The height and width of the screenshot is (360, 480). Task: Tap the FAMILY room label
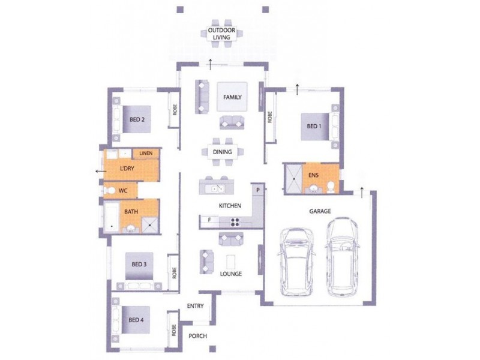click(x=232, y=97)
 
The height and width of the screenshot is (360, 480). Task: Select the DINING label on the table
click(x=223, y=152)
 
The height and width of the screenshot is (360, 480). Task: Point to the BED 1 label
click(x=314, y=127)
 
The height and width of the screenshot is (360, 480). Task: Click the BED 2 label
click(x=137, y=119)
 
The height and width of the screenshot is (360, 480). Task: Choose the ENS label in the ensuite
click(x=314, y=175)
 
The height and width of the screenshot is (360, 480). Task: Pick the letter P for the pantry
click(x=257, y=190)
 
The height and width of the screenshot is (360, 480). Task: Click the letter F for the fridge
click(x=209, y=220)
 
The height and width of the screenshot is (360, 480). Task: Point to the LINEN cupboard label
click(x=146, y=154)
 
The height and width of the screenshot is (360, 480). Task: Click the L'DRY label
click(x=127, y=169)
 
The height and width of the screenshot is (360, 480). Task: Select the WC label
click(x=123, y=190)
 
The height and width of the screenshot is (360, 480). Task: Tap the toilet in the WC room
click(x=110, y=191)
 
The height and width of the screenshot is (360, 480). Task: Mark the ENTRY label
click(x=195, y=306)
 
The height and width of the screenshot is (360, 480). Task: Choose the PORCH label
click(x=198, y=336)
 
